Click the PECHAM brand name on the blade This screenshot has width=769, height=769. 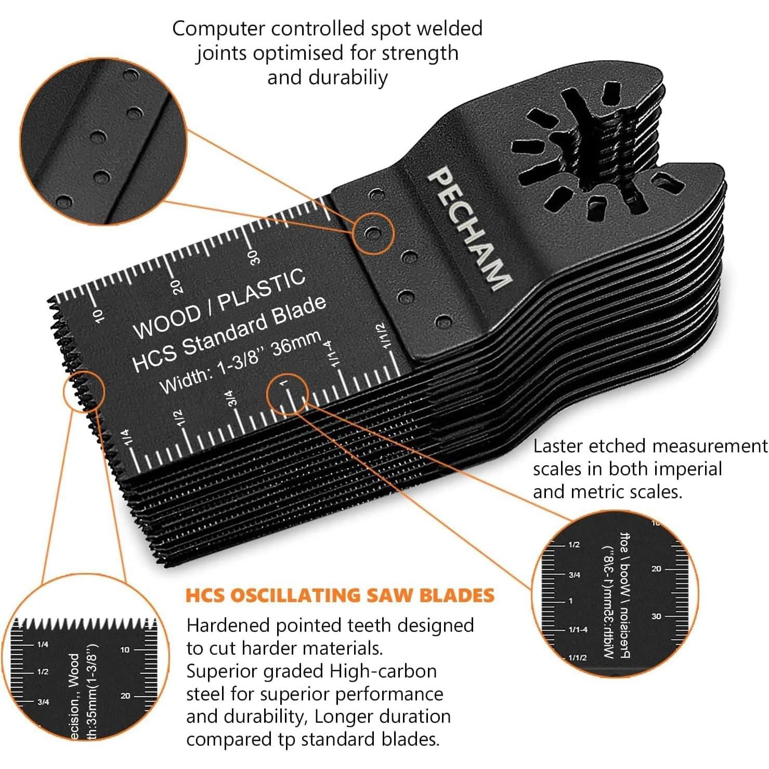[x=467, y=228]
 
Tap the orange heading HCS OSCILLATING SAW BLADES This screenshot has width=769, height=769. [x=340, y=595]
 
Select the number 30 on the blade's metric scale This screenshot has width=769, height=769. [x=253, y=257]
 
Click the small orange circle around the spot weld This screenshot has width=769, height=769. [x=373, y=233]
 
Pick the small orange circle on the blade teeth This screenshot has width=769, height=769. [x=84, y=391]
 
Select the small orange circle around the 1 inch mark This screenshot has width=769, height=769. [x=287, y=394]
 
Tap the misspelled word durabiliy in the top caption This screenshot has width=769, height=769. [x=348, y=77]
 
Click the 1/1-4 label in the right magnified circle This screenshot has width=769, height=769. [x=578, y=630]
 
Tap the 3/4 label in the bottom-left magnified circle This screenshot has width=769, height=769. [x=43, y=702]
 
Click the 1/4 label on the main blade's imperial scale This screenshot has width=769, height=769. [x=126, y=436]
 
